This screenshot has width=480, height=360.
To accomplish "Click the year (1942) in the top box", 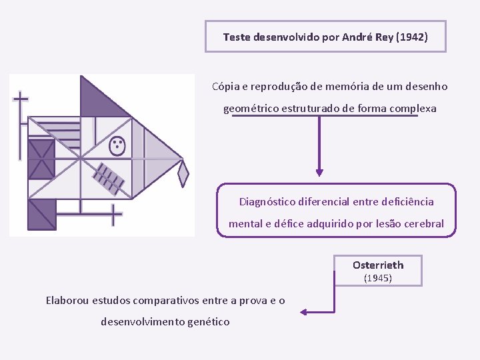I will pos(411,37).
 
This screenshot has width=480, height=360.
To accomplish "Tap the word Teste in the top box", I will pos(237,37).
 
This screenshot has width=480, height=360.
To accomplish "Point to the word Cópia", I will pos(226,87).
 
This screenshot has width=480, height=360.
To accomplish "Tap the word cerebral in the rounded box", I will pos(423,223).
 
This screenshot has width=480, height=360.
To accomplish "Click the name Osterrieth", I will pos(378,265).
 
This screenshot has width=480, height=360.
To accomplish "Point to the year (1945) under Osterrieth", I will pos(377,278).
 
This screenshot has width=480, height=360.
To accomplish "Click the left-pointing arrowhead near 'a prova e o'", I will pos(304,311).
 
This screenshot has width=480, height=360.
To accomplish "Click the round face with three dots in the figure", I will pos(117,146).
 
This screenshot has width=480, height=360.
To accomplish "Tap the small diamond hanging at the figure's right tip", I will pos(183,174).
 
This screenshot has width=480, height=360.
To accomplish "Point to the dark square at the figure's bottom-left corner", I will pos(41,215).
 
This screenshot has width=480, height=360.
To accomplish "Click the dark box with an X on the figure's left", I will pos(41,159).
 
